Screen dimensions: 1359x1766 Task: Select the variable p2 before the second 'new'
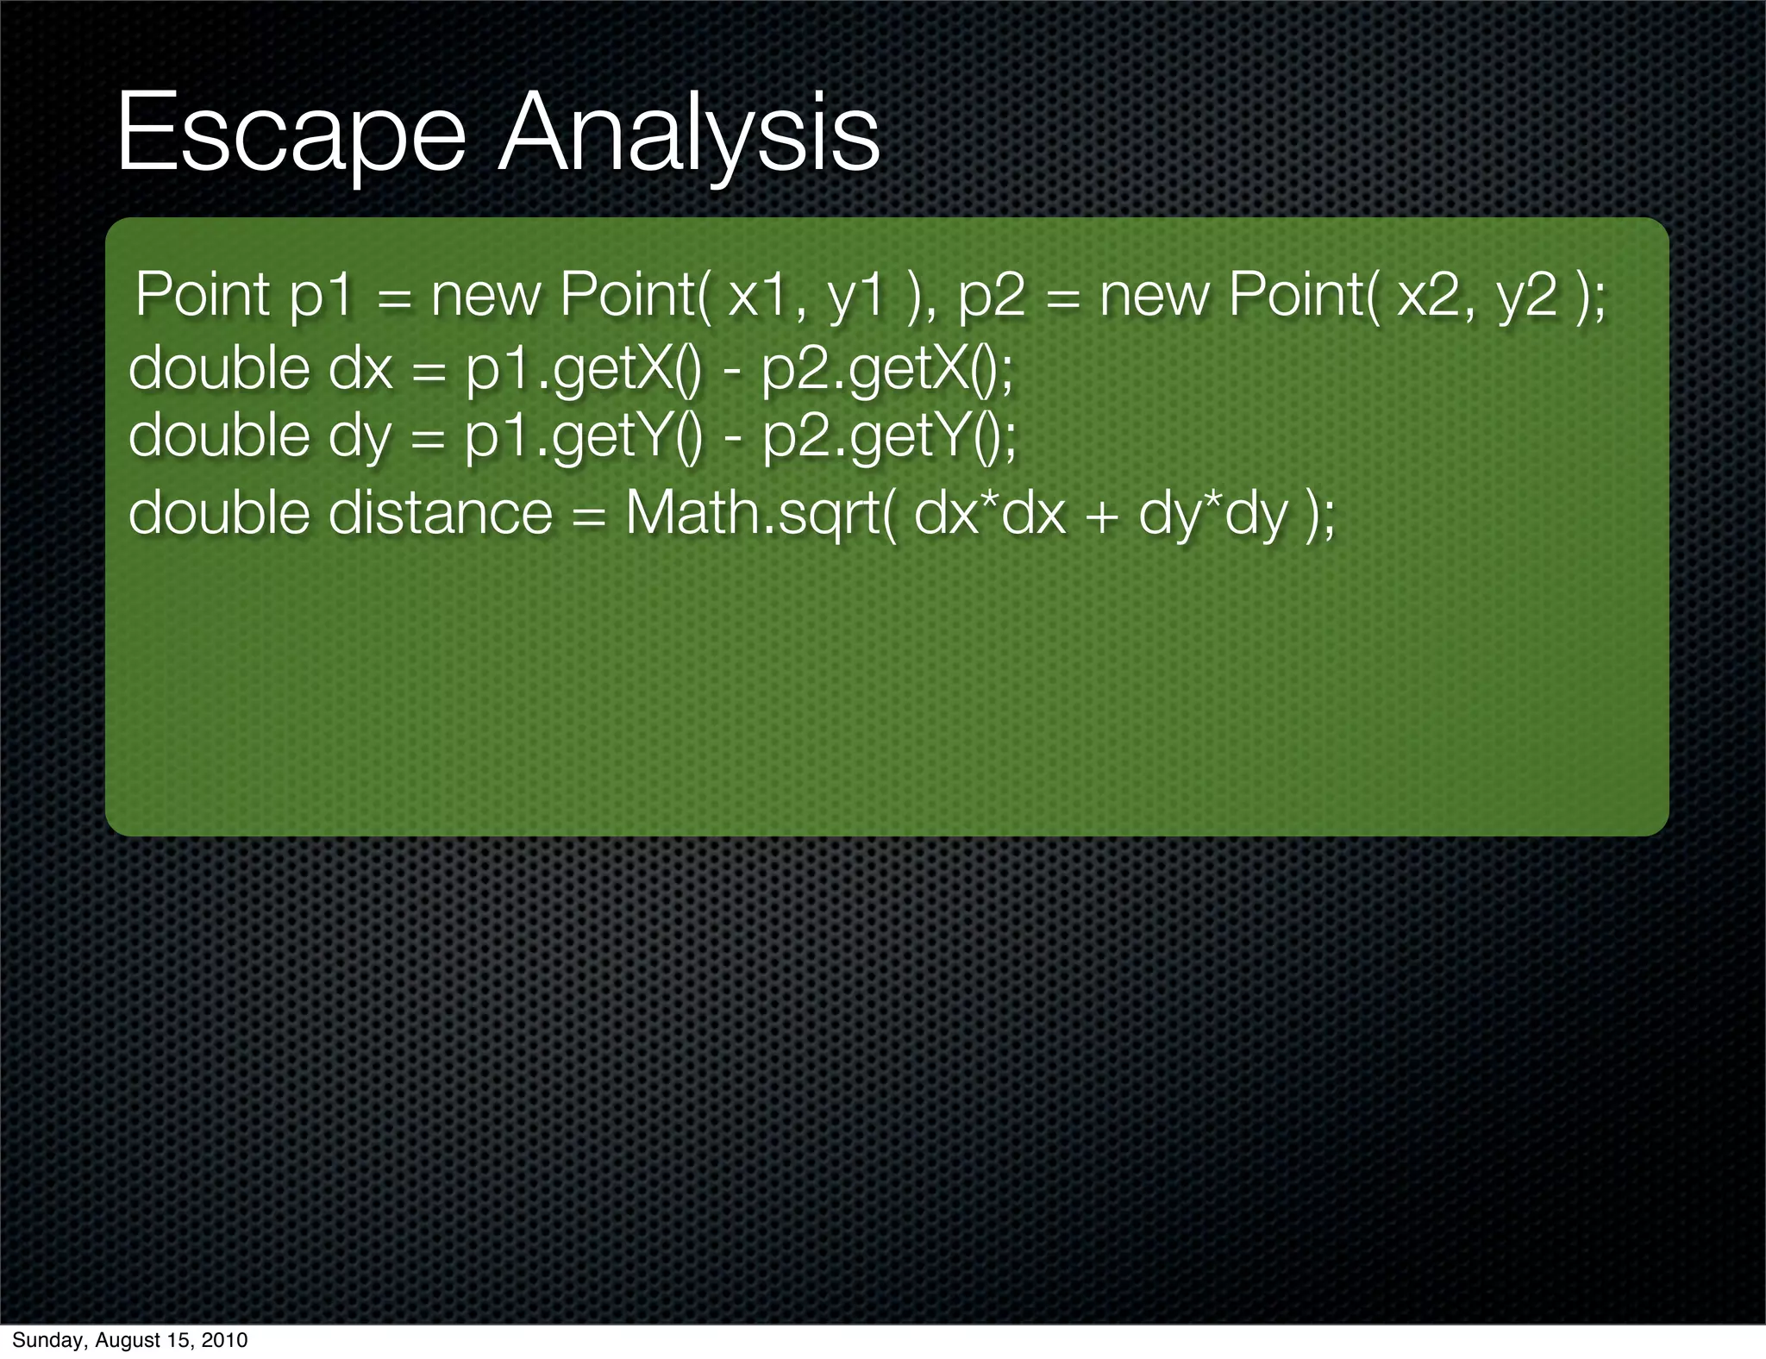tap(992, 295)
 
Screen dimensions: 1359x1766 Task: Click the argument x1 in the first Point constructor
tap(759, 295)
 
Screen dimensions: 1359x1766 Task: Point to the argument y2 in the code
tap(1526, 295)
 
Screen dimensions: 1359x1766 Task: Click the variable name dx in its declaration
tap(360, 369)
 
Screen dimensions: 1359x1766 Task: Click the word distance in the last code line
tap(440, 512)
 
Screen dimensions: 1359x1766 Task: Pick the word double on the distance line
tap(218, 512)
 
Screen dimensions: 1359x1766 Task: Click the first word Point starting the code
tap(204, 295)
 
